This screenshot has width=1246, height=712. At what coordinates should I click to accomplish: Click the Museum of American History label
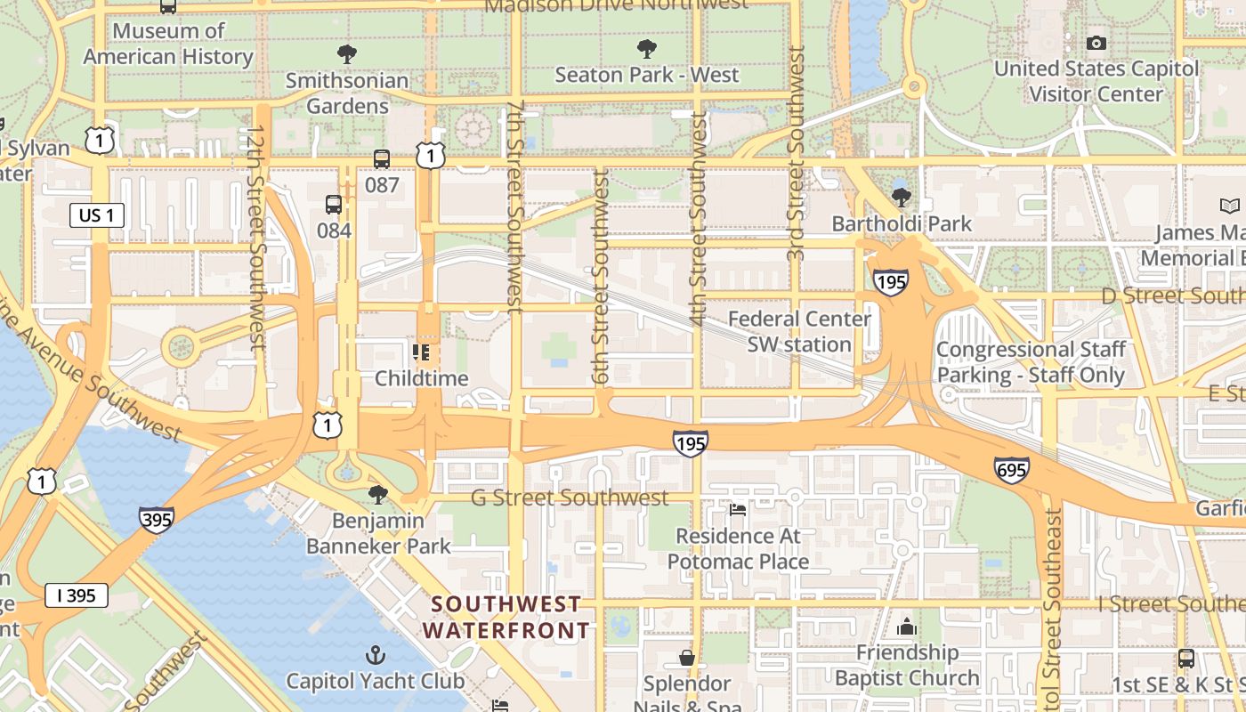click(x=168, y=44)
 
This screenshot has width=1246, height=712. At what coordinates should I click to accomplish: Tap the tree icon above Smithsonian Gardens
click(x=347, y=53)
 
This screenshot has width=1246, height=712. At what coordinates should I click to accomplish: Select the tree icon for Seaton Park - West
click(x=647, y=48)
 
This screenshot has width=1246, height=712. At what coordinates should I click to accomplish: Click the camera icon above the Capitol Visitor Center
click(x=1096, y=43)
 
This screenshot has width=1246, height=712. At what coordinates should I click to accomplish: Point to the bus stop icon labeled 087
click(x=382, y=159)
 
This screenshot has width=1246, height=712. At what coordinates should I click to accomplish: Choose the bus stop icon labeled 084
click(x=334, y=205)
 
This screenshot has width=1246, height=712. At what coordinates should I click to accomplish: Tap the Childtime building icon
click(x=421, y=352)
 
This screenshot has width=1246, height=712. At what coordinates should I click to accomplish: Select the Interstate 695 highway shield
click(x=1013, y=469)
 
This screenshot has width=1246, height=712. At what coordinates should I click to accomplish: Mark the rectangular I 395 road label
click(x=77, y=595)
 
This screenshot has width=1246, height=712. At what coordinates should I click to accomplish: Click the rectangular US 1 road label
click(x=96, y=215)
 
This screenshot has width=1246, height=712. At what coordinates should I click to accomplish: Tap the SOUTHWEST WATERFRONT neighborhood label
click(x=506, y=618)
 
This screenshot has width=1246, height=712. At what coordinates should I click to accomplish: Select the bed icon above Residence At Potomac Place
click(x=738, y=510)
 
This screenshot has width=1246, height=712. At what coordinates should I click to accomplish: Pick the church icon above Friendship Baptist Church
click(x=907, y=627)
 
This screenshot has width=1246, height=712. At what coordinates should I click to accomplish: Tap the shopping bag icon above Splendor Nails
click(x=687, y=658)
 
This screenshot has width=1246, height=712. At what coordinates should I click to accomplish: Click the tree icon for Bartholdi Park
click(x=902, y=196)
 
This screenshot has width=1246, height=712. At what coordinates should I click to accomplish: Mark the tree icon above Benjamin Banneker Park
click(x=378, y=494)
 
